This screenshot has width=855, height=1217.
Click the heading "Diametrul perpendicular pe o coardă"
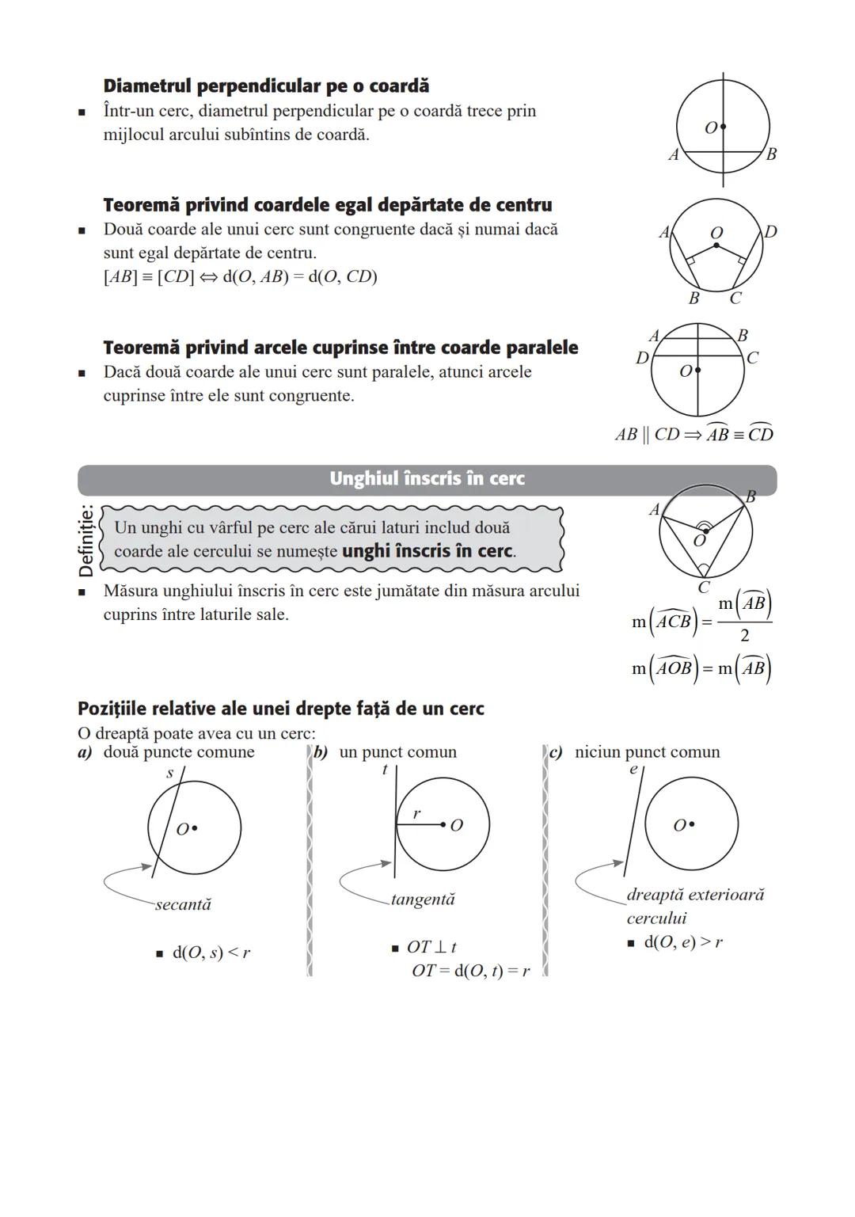tap(266, 86)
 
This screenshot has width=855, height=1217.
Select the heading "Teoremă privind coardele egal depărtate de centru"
tap(328, 205)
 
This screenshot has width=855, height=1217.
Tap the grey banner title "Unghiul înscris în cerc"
tap(427, 478)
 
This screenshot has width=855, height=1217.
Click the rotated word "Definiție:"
tap(86, 540)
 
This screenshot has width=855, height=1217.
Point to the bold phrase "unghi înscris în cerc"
tap(427, 551)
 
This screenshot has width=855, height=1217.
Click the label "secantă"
tap(183, 904)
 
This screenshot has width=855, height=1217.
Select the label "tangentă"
tap(423, 899)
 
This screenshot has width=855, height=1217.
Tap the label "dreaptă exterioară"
tap(695, 895)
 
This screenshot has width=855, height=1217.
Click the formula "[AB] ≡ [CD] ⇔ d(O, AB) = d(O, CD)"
tap(240, 277)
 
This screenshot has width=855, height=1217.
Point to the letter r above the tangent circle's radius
tap(416, 814)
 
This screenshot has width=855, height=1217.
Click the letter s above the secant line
tap(169, 773)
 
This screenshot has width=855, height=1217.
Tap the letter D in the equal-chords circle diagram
tap(770, 231)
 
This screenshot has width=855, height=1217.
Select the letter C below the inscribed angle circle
tap(704, 588)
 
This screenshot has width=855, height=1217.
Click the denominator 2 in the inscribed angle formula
tap(744, 635)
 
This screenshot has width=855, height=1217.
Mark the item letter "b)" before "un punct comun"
tap(321, 752)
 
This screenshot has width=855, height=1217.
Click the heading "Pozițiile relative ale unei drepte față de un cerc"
tap(280, 709)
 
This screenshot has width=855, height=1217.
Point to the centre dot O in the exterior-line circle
tap(692, 824)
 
